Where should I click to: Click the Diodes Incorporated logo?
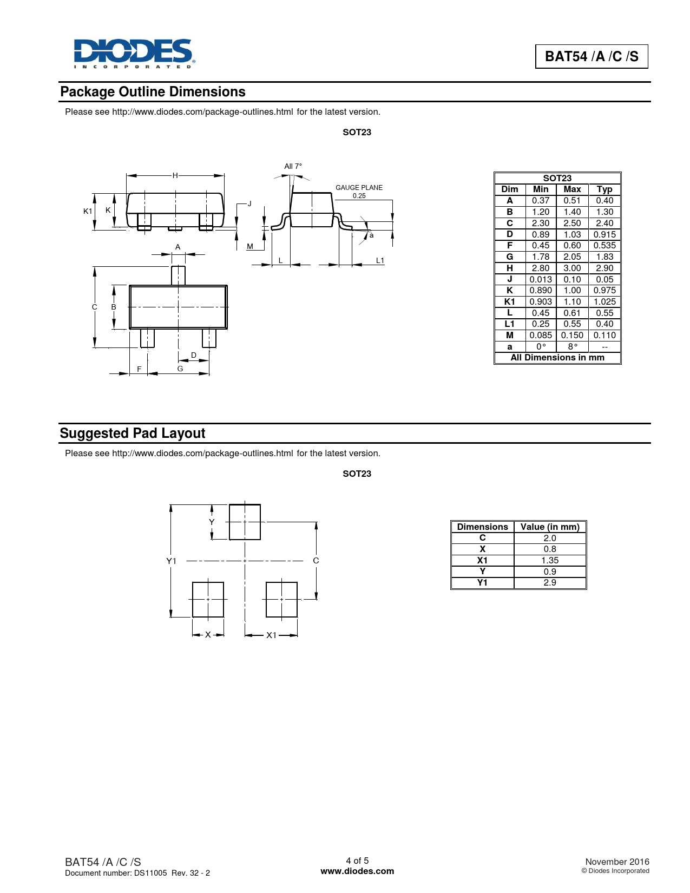tap(134, 53)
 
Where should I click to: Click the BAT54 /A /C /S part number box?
tap(592, 56)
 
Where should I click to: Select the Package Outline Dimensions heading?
tap(153, 92)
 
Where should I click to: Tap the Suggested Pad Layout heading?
tap(133, 434)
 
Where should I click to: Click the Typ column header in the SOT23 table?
tap(604, 189)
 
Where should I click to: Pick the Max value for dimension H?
tap(572, 268)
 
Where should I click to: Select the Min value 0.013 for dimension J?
tap(541, 279)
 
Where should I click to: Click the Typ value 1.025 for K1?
tap(604, 301)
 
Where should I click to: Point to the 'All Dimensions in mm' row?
tap(557, 358)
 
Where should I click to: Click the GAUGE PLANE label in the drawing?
tap(359, 188)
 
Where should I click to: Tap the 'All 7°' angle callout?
tap(293, 166)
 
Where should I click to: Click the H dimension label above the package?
tap(175, 175)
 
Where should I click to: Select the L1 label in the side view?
tap(380, 261)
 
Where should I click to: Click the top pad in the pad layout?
tap(245, 522)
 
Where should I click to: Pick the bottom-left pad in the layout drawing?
tap(208, 599)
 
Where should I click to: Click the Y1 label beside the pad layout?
tap(171, 561)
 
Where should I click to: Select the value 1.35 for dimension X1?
tap(550, 560)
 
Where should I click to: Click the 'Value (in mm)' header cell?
tap(550, 527)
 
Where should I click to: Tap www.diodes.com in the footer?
tap(357, 871)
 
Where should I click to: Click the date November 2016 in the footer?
tap(617, 862)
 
